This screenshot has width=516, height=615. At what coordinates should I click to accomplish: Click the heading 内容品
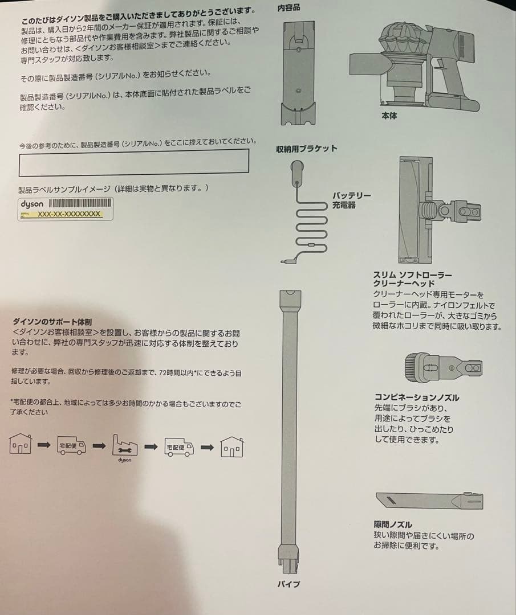pos(289,8)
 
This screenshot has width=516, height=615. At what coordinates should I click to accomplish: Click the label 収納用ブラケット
pos(306,149)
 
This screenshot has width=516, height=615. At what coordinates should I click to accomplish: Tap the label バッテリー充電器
pos(352,200)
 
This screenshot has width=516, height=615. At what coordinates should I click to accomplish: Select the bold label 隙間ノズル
pos(393,524)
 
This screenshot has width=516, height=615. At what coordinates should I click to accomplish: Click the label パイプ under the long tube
pos(290,584)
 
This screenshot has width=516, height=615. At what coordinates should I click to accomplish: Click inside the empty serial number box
pos(133,161)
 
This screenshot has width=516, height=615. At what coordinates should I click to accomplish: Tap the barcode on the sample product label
pos(79,204)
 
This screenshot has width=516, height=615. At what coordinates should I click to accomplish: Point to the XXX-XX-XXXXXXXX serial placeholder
pos(69,214)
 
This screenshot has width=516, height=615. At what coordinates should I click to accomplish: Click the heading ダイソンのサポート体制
pos(52,322)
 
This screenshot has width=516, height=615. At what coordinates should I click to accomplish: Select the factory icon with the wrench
pos(125,444)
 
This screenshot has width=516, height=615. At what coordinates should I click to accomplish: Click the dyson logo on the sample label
pos(32,204)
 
